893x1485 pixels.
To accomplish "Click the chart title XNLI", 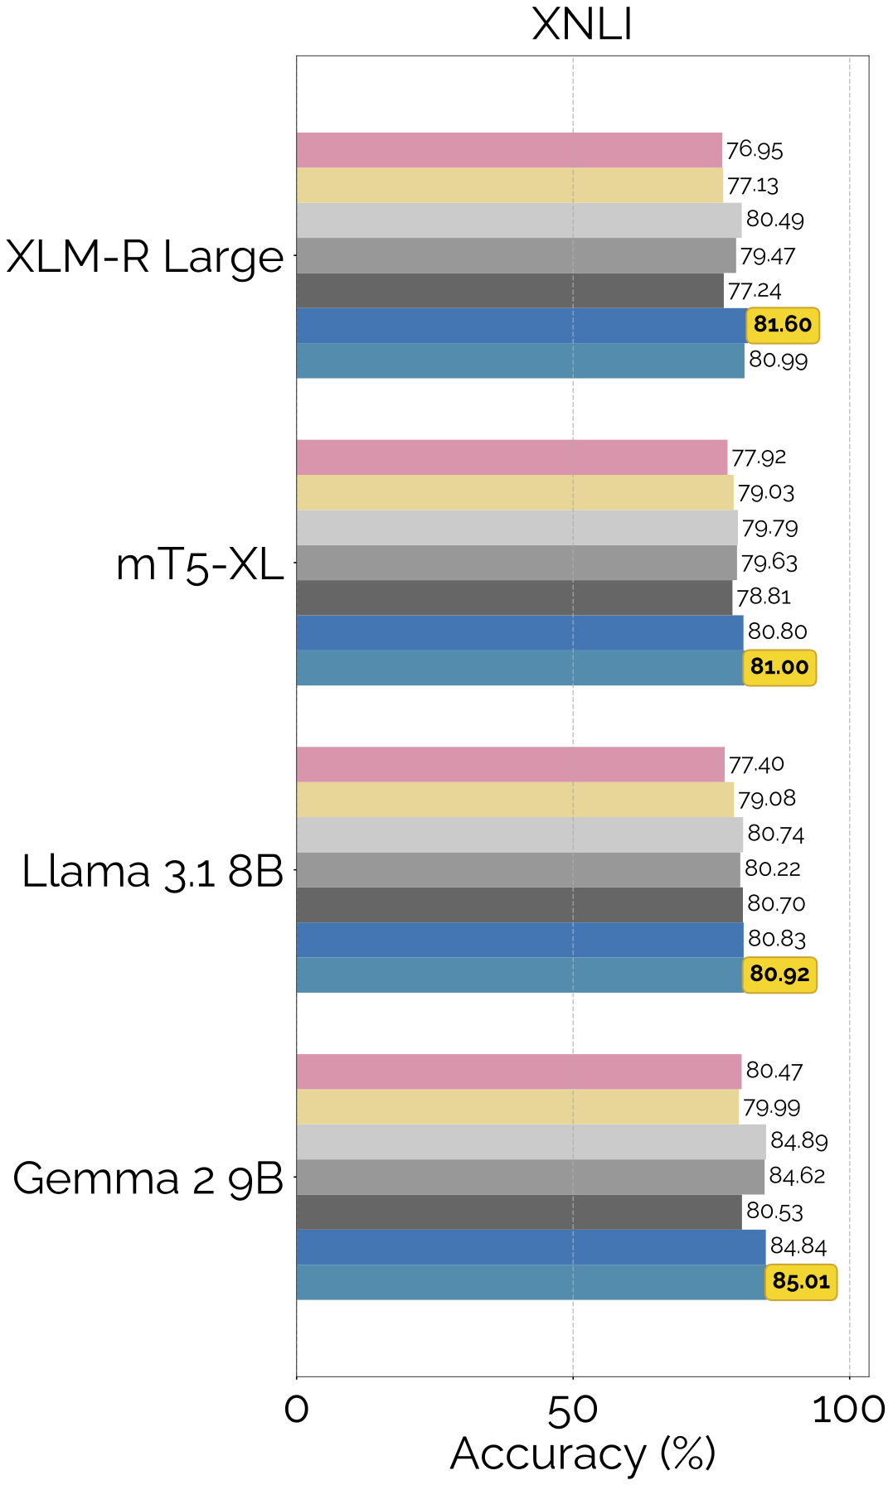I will [x=582, y=24].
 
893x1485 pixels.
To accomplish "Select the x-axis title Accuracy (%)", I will [x=582, y=1454].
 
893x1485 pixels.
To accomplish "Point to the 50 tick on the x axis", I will [x=573, y=1410].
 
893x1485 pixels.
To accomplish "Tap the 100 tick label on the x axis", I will [x=849, y=1410].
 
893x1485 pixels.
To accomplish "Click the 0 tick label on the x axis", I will [x=297, y=1410].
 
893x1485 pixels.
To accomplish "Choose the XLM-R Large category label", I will [x=145, y=256].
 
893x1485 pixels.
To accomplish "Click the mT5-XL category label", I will [x=200, y=564].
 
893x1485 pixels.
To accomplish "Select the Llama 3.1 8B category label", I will [x=153, y=871].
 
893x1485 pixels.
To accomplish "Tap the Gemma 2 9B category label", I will [x=148, y=1178].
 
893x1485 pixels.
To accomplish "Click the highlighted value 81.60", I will [x=783, y=325].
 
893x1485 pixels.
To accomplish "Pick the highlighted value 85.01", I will [x=801, y=1281].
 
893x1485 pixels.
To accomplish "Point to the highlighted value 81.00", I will [x=779, y=667].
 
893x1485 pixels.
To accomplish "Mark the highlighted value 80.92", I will [x=779, y=975].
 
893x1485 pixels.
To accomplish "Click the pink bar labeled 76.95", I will [x=509, y=150].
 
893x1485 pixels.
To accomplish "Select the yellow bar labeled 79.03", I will [x=515, y=492].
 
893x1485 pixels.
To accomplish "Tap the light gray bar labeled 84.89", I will [x=531, y=1142].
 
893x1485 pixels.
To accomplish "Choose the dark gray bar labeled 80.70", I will [x=519, y=905].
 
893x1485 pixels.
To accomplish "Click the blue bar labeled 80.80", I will [x=520, y=632].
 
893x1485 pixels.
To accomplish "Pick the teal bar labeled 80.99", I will [x=520, y=360].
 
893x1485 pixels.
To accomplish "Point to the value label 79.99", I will [x=772, y=1107].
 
